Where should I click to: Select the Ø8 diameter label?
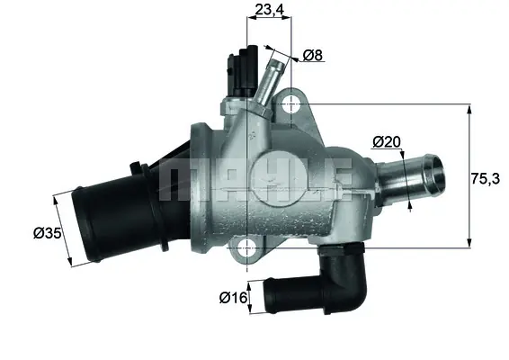click(313, 56)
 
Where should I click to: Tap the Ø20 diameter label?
click(386, 141)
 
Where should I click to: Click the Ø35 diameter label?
click(47, 234)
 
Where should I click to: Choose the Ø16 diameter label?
click(233, 295)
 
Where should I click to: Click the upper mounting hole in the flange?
click(290, 105)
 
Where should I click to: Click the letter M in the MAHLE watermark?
click(177, 182)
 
